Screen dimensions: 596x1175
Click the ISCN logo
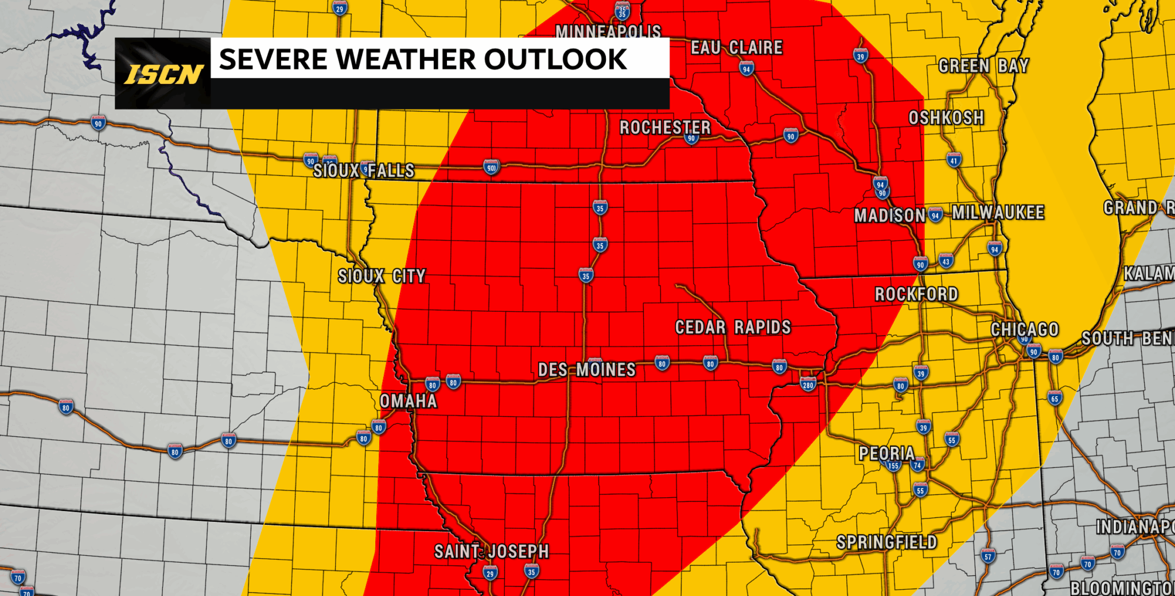(x=164, y=74)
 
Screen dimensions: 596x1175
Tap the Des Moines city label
(x=586, y=370)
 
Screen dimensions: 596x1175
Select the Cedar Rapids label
(x=733, y=327)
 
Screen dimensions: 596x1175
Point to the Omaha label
(x=408, y=401)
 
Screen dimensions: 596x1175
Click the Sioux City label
(x=382, y=276)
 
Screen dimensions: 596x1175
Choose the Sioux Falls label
(x=364, y=171)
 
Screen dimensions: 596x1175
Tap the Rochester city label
(x=664, y=127)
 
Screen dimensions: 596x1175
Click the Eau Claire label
(x=736, y=48)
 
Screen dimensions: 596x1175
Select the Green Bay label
(x=983, y=66)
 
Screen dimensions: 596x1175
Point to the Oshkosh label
(x=946, y=118)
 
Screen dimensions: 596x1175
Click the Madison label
(x=889, y=216)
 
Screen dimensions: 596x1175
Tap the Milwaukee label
(x=998, y=212)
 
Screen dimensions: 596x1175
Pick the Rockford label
(x=916, y=295)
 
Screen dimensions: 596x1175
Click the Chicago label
(x=1024, y=330)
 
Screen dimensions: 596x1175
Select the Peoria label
(x=886, y=454)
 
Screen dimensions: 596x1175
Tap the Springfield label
(x=886, y=542)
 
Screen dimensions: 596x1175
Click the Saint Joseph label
(x=491, y=552)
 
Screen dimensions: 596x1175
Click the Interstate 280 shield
(x=808, y=385)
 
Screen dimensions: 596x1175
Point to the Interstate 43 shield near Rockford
(x=946, y=261)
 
